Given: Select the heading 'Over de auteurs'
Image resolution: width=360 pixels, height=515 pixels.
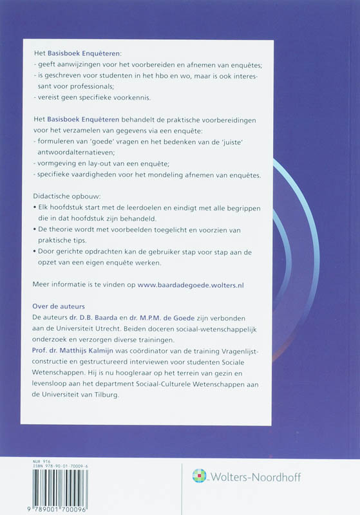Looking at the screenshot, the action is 58,306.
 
